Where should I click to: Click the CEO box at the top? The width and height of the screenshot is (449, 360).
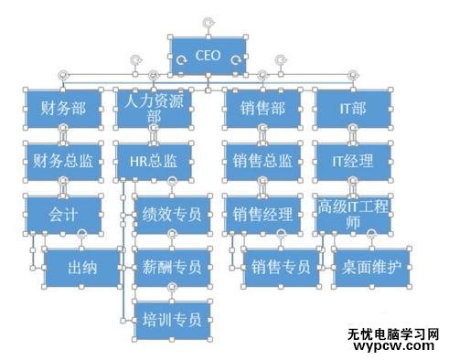pyautogui.click(x=208, y=56)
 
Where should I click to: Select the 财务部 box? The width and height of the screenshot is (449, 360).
pyautogui.click(x=63, y=109)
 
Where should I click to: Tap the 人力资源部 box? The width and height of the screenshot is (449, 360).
pyautogui.click(x=154, y=109)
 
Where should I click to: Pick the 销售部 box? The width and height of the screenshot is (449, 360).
pyautogui.click(x=262, y=109)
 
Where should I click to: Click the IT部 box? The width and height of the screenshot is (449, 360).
pyautogui.click(x=352, y=109)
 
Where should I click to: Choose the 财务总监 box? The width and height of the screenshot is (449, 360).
pyautogui.click(x=63, y=162)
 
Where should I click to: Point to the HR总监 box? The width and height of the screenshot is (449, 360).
pyautogui.click(x=154, y=162)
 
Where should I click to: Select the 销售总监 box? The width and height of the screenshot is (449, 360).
pyautogui.click(x=262, y=162)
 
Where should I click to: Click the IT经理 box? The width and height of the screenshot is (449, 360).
pyautogui.click(x=352, y=162)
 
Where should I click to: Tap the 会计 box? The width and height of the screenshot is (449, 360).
pyautogui.click(x=63, y=215)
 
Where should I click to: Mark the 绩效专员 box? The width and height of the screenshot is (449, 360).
pyautogui.click(x=172, y=215)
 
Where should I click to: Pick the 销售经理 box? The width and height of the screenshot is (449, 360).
pyautogui.click(x=262, y=215)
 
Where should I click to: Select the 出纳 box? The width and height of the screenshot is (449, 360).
pyautogui.click(x=82, y=268)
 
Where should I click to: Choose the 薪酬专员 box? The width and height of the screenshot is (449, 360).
pyautogui.click(x=172, y=268)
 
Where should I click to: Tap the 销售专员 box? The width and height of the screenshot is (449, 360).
pyautogui.click(x=280, y=268)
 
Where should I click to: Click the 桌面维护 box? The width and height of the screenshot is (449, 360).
pyautogui.click(x=370, y=268)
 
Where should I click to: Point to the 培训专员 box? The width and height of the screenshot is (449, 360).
pyautogui.click(x=172, y=320)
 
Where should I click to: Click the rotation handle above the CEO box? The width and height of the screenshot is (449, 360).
pyautogui.click(x=208, y=19)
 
